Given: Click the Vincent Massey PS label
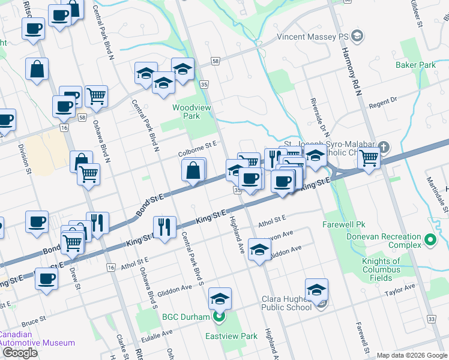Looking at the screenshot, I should tap(312, 37).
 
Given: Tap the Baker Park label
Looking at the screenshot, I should tap(415, 64).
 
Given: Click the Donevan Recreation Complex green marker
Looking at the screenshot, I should tap(430, 241).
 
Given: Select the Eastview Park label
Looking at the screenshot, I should tap(231, 336).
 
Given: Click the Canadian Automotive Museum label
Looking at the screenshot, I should tap(37, 339).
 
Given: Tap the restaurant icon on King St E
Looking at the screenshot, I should tap(163, 226).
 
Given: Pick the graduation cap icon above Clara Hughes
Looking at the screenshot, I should tap(316, 289).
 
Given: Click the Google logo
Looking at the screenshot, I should tap(20, 353).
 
